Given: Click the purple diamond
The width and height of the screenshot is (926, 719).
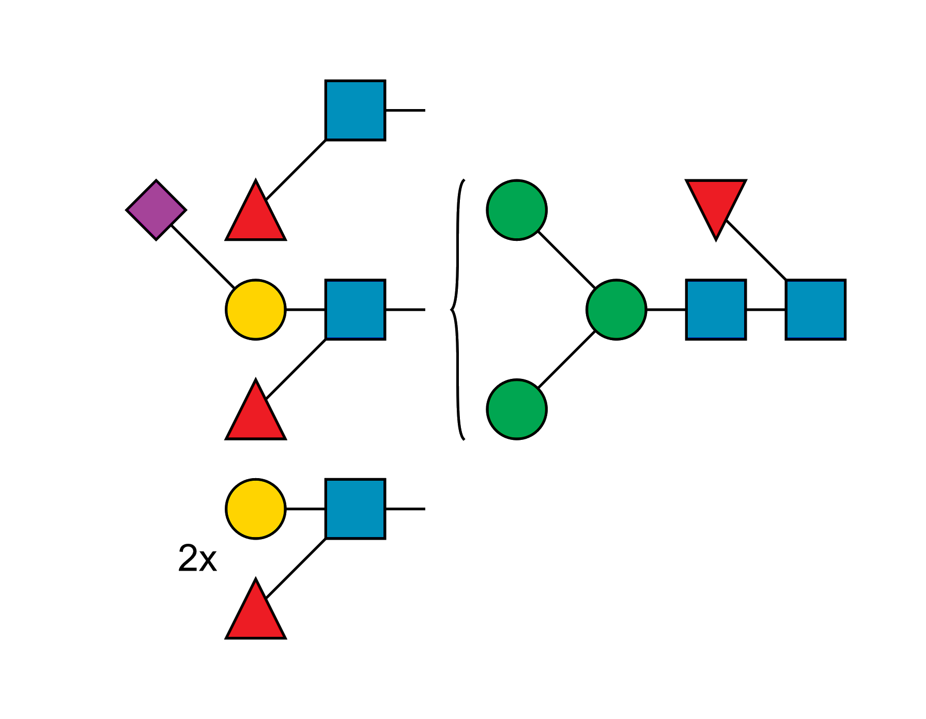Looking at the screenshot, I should (156, 210).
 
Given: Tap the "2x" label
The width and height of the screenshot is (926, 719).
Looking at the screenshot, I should (197, 558).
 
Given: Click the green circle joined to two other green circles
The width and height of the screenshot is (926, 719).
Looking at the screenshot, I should (616, 310).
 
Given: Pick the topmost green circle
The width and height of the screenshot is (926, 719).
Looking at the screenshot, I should (516, 210).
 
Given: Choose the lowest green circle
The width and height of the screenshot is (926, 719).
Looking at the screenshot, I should (516, 409).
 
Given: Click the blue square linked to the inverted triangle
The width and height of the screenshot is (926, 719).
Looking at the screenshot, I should (815, 310).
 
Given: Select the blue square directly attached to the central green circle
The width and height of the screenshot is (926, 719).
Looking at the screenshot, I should (716, 310).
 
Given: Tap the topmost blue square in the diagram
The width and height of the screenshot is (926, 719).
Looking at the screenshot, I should (355, 110).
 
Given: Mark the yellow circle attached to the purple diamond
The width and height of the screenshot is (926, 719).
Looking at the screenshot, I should (255, 310).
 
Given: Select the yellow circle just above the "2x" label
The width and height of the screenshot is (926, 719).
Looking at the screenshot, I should (255, 509).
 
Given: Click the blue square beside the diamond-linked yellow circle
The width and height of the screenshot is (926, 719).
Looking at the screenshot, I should (355, 310).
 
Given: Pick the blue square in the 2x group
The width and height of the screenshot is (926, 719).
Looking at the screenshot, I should (355, 509).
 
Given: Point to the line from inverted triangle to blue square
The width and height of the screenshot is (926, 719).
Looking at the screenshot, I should (756, 250).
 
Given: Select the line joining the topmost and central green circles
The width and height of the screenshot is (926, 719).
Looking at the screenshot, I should (566, 259).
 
